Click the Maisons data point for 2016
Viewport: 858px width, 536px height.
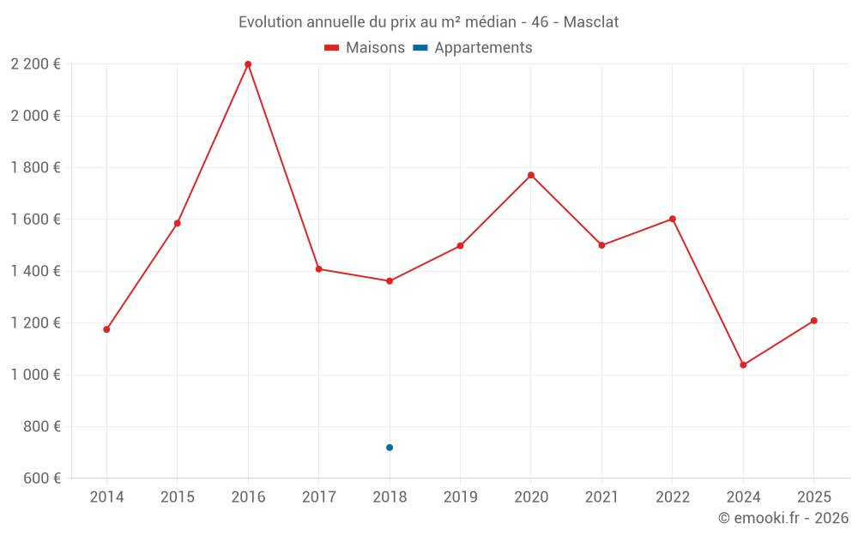248,64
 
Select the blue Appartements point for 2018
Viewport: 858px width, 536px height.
390,448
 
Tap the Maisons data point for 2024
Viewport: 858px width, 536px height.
743,365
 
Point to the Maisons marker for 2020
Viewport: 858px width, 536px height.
531,175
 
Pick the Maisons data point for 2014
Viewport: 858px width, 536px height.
106,329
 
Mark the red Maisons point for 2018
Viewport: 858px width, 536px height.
390,281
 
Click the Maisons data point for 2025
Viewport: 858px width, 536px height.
814,321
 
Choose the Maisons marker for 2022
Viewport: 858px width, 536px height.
673,219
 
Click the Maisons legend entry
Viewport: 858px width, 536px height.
365,48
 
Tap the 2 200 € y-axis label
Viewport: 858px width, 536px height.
35,64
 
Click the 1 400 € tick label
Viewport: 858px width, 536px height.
35,271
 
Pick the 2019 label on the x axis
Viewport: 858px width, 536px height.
460,497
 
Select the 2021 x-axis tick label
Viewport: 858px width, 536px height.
601,497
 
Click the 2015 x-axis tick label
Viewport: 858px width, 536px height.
178,497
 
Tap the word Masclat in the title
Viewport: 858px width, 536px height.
591,21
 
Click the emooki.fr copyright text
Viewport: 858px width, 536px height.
783,518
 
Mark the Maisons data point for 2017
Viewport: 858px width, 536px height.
318,269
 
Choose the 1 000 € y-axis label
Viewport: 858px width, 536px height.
35,375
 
